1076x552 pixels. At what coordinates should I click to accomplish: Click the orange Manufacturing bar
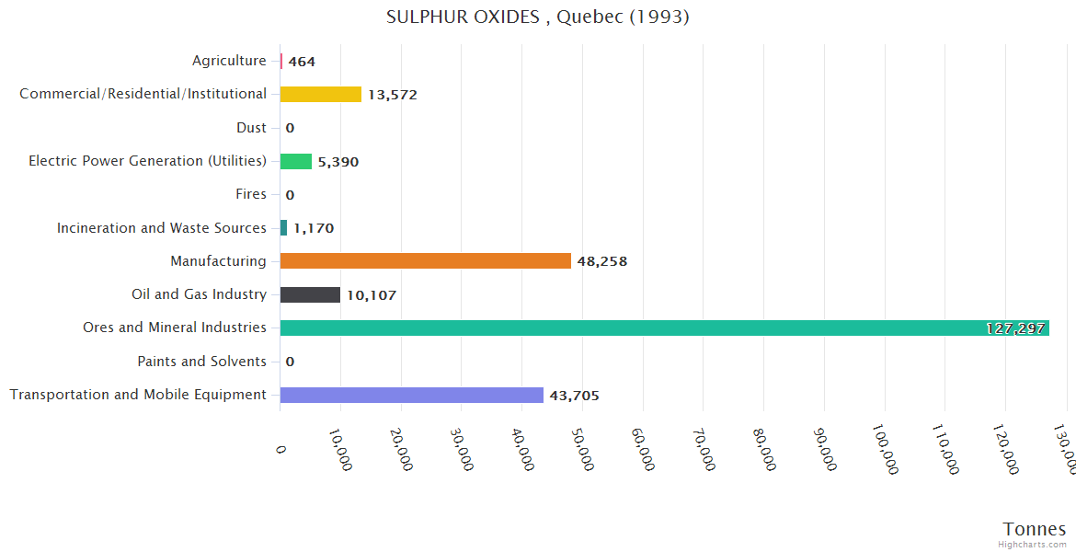coord(425,261)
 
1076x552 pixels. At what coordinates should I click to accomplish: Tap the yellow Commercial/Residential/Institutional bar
coord(320,94)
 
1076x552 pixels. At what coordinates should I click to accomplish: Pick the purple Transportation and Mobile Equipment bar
coord(411,395)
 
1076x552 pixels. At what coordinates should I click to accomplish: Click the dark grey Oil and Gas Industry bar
coord(310,294)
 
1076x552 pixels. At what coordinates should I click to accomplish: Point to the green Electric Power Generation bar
coord(295,161)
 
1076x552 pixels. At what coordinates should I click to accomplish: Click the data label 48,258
coord(602,261)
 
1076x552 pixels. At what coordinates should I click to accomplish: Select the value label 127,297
coord(1015,328)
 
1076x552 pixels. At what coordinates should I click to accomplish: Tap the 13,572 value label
coord(393,95)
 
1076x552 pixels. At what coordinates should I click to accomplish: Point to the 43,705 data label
coord(574,396)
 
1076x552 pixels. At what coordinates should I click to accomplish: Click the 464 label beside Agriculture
coord(302,62)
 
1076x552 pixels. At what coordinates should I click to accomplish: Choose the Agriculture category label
coord(229,61)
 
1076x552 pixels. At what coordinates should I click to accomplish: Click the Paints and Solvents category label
coord(201,362)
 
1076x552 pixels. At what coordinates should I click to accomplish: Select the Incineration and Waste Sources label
coord(161,228)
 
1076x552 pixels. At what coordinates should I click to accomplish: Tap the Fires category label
coord(250,194)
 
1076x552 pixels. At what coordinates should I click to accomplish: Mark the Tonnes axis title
coord(1034,529)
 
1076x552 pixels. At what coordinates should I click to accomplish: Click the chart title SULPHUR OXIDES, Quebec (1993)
coord(537,17)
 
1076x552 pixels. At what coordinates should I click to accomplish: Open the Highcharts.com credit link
coord(1032,545)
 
